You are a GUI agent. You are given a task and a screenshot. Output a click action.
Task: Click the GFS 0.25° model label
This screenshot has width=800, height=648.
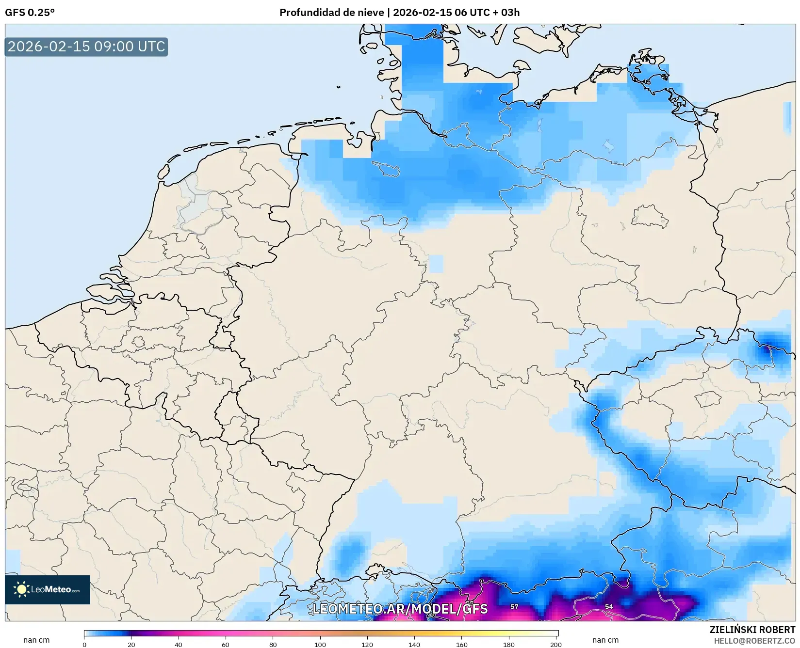point(30,13)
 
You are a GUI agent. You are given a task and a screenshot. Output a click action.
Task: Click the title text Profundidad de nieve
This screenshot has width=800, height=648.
point(331,13)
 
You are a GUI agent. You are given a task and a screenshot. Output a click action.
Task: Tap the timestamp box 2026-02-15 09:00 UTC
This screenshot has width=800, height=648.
point(86,47)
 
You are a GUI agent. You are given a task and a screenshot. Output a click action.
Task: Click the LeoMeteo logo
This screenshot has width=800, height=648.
point(48,589)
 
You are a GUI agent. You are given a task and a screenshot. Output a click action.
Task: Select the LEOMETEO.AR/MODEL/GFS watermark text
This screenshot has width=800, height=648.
point(400,609)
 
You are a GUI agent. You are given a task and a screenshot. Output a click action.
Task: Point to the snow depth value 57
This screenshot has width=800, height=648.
point(514,606)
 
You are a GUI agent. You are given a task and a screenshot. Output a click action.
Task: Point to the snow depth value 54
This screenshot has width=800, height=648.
point(609,606)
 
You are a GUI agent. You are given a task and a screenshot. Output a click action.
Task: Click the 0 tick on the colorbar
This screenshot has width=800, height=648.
point(84,644)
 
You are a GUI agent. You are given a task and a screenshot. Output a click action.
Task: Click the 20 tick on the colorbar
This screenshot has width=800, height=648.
point(131,644)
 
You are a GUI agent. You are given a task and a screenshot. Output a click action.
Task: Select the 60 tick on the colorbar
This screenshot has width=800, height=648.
point(226,644)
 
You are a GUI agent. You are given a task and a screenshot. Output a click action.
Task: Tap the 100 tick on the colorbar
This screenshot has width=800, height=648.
point(320,644)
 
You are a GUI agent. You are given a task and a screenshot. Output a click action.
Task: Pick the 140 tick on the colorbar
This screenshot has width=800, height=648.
point(414,644)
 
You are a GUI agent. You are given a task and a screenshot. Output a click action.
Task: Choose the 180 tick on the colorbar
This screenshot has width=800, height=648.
point(509,644)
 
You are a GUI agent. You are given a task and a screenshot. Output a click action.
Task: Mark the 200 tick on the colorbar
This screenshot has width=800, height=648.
point(556,644)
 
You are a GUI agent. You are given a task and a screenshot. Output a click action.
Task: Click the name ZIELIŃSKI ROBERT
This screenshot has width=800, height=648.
point(752,630)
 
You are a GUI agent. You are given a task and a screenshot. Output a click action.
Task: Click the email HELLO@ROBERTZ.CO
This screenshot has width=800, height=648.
point(754,641)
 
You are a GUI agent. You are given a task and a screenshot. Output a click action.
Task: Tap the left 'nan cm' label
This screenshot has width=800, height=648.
point(36,640)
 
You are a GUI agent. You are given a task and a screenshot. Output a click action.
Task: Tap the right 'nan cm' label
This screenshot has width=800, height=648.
point(605,640)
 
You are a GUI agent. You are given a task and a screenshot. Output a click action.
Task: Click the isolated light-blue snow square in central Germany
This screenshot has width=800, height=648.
point(436,264)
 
